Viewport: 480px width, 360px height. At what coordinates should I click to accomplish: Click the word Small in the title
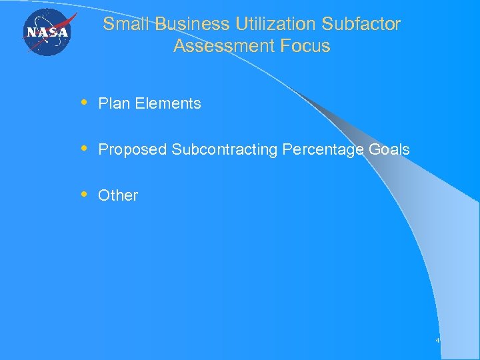click(x=127, y=24)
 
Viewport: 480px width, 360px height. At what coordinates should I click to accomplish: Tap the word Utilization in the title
click(x=276, y=24)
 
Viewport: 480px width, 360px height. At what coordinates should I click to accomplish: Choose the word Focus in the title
click(x=305, y=46)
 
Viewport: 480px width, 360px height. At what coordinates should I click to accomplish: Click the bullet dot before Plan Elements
click(x=83, y=103)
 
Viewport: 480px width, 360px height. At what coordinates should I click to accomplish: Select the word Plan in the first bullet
click(x=113, y=103)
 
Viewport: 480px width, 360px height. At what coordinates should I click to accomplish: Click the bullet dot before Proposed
click(x=83, y=149)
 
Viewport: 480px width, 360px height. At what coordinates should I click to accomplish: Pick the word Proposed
click(x=133, y=149)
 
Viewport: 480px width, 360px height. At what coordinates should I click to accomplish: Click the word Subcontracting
click(x=225, y=149)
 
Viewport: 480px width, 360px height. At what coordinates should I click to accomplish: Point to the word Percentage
click(x=323, y=149)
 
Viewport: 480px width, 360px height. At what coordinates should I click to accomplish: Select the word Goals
click(x=389, y=149)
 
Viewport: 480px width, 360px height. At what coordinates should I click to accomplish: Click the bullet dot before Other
click(x=83, y=195)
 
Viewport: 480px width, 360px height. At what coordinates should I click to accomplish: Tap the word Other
click(x=118, y=195)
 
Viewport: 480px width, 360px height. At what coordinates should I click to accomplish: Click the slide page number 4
click(x=437, y=341)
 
